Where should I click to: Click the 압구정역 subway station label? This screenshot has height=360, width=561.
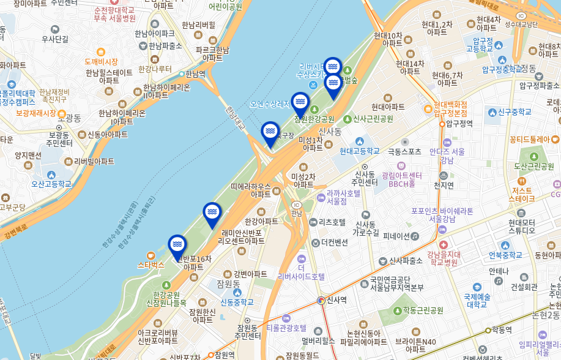459,124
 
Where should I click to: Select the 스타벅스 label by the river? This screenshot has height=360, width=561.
151,265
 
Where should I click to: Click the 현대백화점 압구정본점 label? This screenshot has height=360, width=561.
450,108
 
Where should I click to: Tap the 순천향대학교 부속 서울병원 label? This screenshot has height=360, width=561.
114,14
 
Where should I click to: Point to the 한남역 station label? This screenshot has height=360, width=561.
195,74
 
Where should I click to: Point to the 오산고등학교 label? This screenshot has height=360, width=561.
51,184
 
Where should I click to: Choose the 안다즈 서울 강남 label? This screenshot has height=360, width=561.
447,156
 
